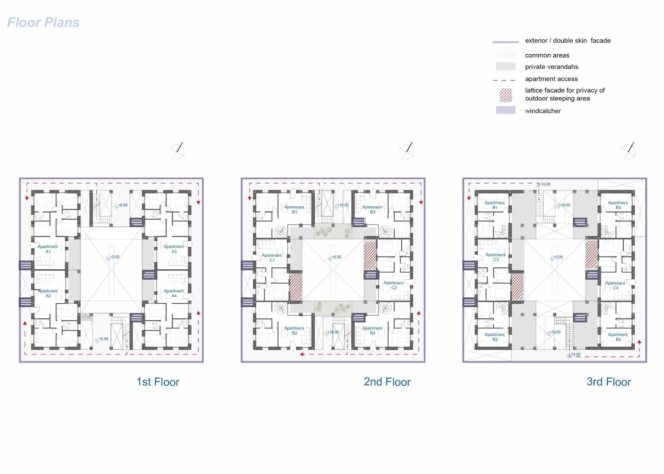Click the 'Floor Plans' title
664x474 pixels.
tap(43, 22)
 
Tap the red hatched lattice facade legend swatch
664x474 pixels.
tap(506, 95)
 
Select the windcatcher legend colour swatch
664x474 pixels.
tap(506, 110)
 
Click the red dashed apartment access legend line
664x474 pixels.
tap(504, 80)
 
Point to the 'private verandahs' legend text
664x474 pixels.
tap(552, 67)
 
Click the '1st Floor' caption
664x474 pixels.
tap(158, 382)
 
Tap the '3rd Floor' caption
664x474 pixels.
tap(609, 382)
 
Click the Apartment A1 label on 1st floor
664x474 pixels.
tap(48, 249)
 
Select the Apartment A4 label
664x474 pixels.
tap(174, 293)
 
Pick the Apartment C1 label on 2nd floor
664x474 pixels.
tap(272, 258)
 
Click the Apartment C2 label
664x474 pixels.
tap(394, 285)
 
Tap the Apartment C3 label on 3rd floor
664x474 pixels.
tap(496, 257)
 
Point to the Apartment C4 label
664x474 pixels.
tap(615, 285)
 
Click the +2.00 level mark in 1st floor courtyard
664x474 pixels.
tap(113, 257)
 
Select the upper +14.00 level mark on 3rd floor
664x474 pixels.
tap(544, 184)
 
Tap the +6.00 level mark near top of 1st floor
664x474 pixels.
tap(121, 205)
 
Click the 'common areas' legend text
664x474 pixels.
tap(547, 55)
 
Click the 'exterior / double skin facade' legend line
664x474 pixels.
tap(506, 42)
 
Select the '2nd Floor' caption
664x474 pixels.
tap(387, 382)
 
